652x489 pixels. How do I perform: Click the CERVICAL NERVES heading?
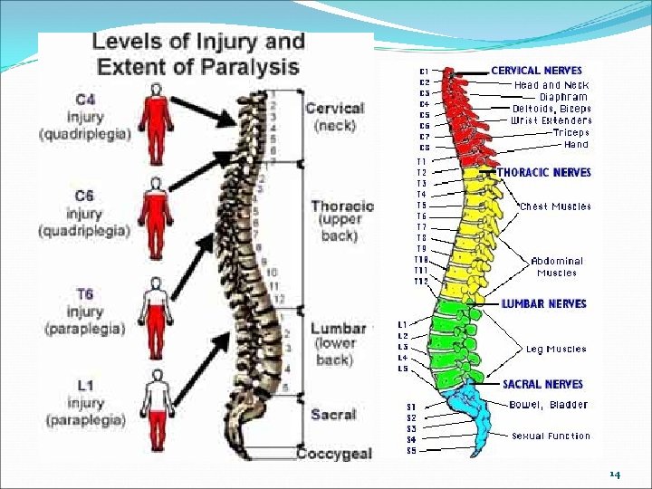coord(536,70)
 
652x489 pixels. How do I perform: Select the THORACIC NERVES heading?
coord(543,172)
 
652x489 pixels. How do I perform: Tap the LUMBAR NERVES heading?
coord(543,304)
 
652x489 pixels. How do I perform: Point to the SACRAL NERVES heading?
coord(542,384)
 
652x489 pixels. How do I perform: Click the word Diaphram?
coord(563,96)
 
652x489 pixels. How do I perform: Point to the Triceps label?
coord(570,132)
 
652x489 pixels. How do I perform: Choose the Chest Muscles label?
coord(555,206)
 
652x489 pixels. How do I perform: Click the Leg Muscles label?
coord(556,349)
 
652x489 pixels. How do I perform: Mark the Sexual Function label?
coord(551,436)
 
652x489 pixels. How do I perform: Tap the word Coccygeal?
coord(334,453)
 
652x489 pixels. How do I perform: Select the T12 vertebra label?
coord(421,282)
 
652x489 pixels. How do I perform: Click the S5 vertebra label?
coord(411,450)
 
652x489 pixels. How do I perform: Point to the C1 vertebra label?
coord(424,71)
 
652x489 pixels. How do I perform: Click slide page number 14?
coord(615,475)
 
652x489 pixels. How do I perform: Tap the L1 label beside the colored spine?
coord(403,324)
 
